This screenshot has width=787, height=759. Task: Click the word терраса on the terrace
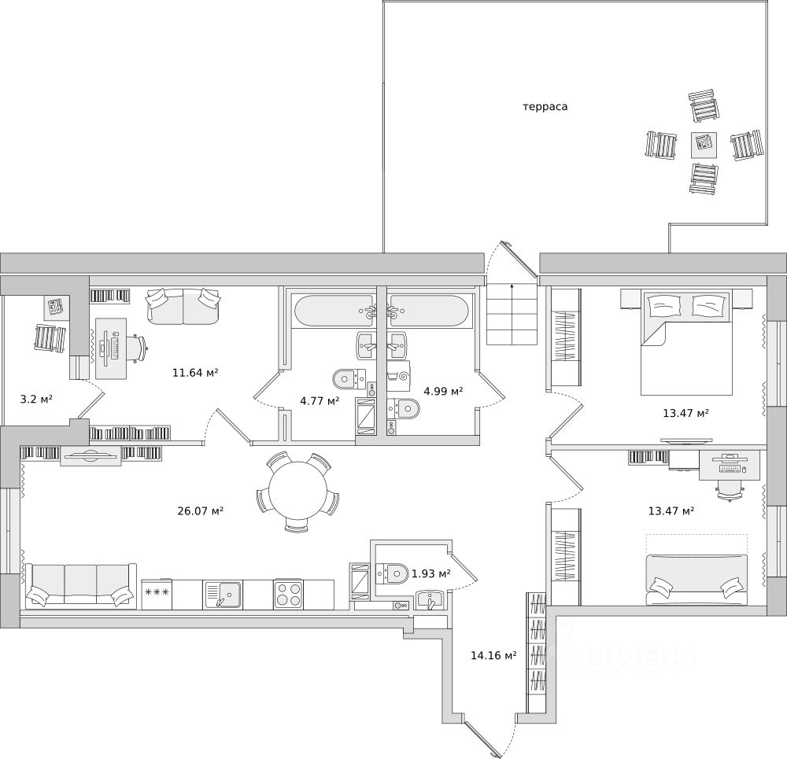tap(545, 106)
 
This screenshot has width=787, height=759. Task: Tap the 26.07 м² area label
tap(201, 510)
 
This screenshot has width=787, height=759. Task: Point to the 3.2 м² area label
tap(36, 399)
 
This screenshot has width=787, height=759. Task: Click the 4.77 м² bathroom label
tap(320, 400)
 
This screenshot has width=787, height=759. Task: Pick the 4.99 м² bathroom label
tap(443, 390)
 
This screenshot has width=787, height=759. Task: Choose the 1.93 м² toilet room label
tap(431, 573)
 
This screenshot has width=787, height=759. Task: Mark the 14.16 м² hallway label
tap(493, 655)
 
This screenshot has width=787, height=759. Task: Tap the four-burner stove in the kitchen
tap(288, 594)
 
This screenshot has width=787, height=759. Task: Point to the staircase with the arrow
tap(512, 314)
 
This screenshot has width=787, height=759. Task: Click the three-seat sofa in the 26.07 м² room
tap(79, 586)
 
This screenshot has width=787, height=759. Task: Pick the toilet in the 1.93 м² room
tap(393, 573)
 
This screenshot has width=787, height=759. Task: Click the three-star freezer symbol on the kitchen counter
tap(156, 592)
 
